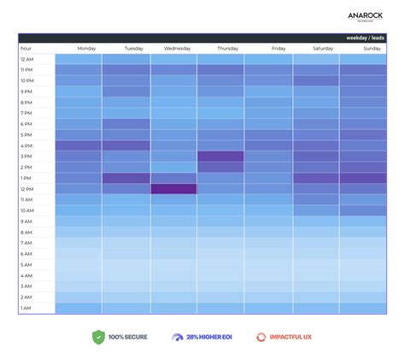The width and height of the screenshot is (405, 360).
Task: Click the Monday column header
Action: coord(86,49)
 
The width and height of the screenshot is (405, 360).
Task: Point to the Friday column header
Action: coord(279,49)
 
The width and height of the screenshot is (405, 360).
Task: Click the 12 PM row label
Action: coord(26,189)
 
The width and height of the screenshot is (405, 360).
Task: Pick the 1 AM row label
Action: coord(26,308)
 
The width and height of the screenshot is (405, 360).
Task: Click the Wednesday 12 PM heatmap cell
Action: coord(173,189)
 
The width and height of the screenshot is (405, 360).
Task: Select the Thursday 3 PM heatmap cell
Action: coord(220,156)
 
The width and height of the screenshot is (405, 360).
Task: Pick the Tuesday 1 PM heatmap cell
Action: coord(126,178)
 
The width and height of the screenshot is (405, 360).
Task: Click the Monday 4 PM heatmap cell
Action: coord(79,145)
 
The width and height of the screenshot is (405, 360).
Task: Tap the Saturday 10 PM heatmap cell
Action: coord(315,80)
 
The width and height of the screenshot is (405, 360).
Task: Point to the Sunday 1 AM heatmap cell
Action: coord(362,308)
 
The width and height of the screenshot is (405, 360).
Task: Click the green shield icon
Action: coord(97,337)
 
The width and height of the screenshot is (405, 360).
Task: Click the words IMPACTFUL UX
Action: coord(291,337)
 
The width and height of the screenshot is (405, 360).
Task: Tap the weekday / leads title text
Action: coord(365,38)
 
